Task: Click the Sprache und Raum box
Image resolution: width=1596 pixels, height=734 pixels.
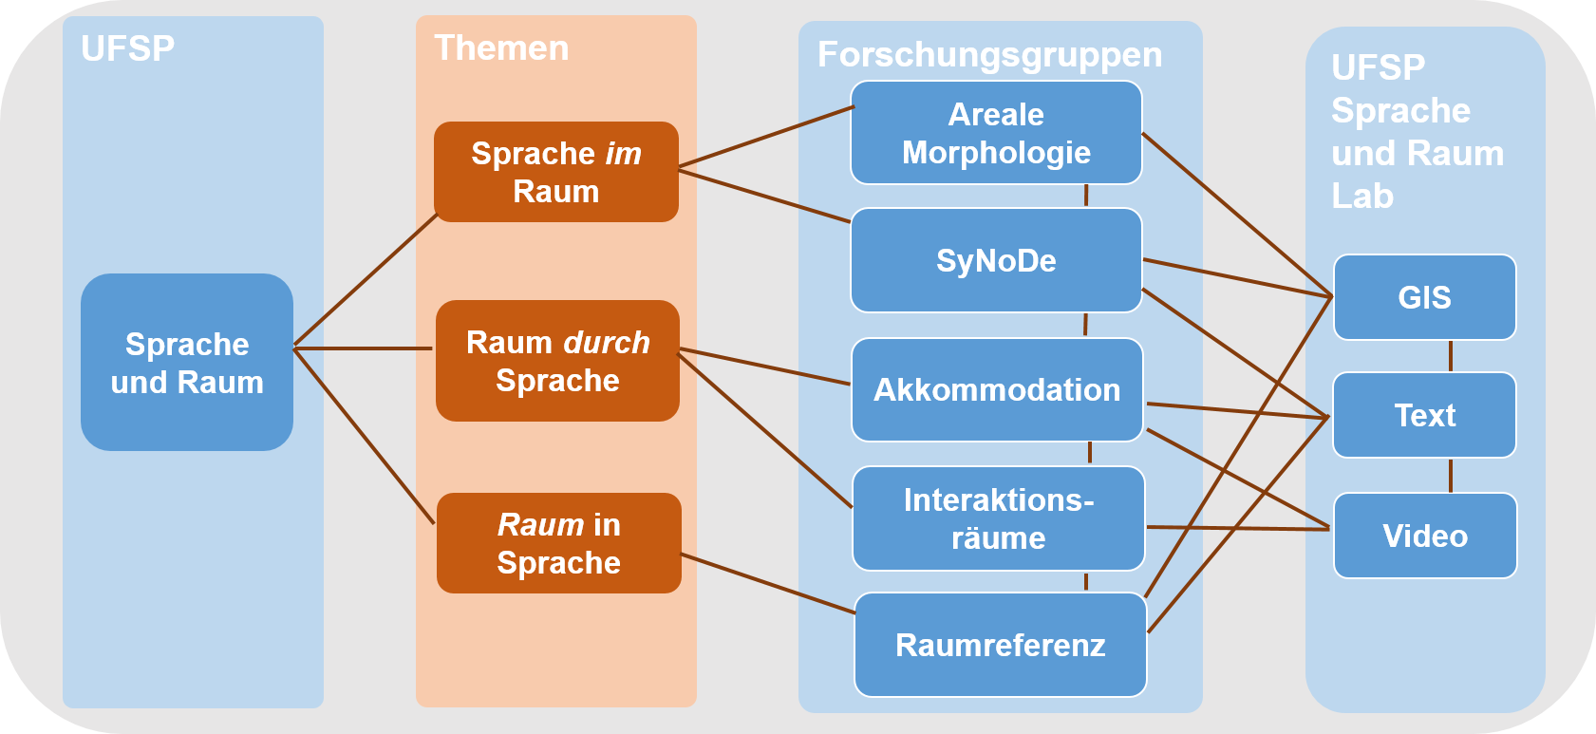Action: [x=187, y=363]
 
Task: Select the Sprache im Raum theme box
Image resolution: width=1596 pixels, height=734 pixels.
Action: [x=556, y=172]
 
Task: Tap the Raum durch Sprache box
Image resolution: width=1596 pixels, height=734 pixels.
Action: [x=557, y=361]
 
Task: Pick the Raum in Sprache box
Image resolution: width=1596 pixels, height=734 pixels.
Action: [x=558, y=543]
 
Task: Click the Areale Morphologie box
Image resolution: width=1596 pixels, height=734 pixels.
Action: [x=996, y=133]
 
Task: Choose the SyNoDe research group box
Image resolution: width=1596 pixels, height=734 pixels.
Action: [x=996, y=260]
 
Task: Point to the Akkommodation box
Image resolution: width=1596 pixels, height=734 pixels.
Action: [x=996, y=389]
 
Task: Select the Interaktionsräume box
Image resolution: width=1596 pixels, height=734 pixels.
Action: [x=998, y=518]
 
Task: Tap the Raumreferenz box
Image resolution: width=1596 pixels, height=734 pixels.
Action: [x=1000, y=646]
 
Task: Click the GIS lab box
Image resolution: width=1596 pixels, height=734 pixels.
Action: [x=1424, y=297]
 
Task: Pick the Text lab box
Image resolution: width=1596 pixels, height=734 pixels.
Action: [x=1424, y=415]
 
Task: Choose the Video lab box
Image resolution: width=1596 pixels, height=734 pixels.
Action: [x=1424, y=536]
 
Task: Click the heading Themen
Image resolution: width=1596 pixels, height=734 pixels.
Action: [x=501, y=48]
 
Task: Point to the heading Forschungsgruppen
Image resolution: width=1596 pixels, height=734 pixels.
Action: [x=989, y=55]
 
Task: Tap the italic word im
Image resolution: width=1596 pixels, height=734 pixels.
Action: [x=624, y=154]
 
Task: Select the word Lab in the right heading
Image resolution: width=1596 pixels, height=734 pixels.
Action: [x=1362, y=197]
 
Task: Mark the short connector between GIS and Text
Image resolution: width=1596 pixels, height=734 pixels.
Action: [x=1451, y=356]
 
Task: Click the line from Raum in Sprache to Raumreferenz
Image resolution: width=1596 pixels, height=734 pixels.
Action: [x=769, y=584]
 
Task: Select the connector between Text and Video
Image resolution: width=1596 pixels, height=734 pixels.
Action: [x=1451, y=475]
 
